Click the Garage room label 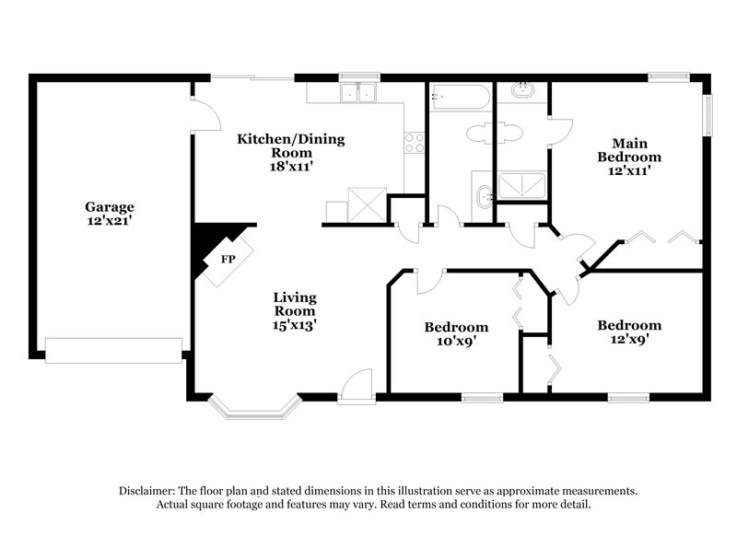[111, 207]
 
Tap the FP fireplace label [226, 259]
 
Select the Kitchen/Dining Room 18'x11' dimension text [291, 168]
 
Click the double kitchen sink [357, 92]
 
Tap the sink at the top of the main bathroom [522, 91]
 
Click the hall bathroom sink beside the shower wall [484, 194]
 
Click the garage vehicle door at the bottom [114, 350]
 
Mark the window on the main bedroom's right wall [709, 115]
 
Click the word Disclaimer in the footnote [149, 492]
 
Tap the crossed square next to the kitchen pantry [366, 202]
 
